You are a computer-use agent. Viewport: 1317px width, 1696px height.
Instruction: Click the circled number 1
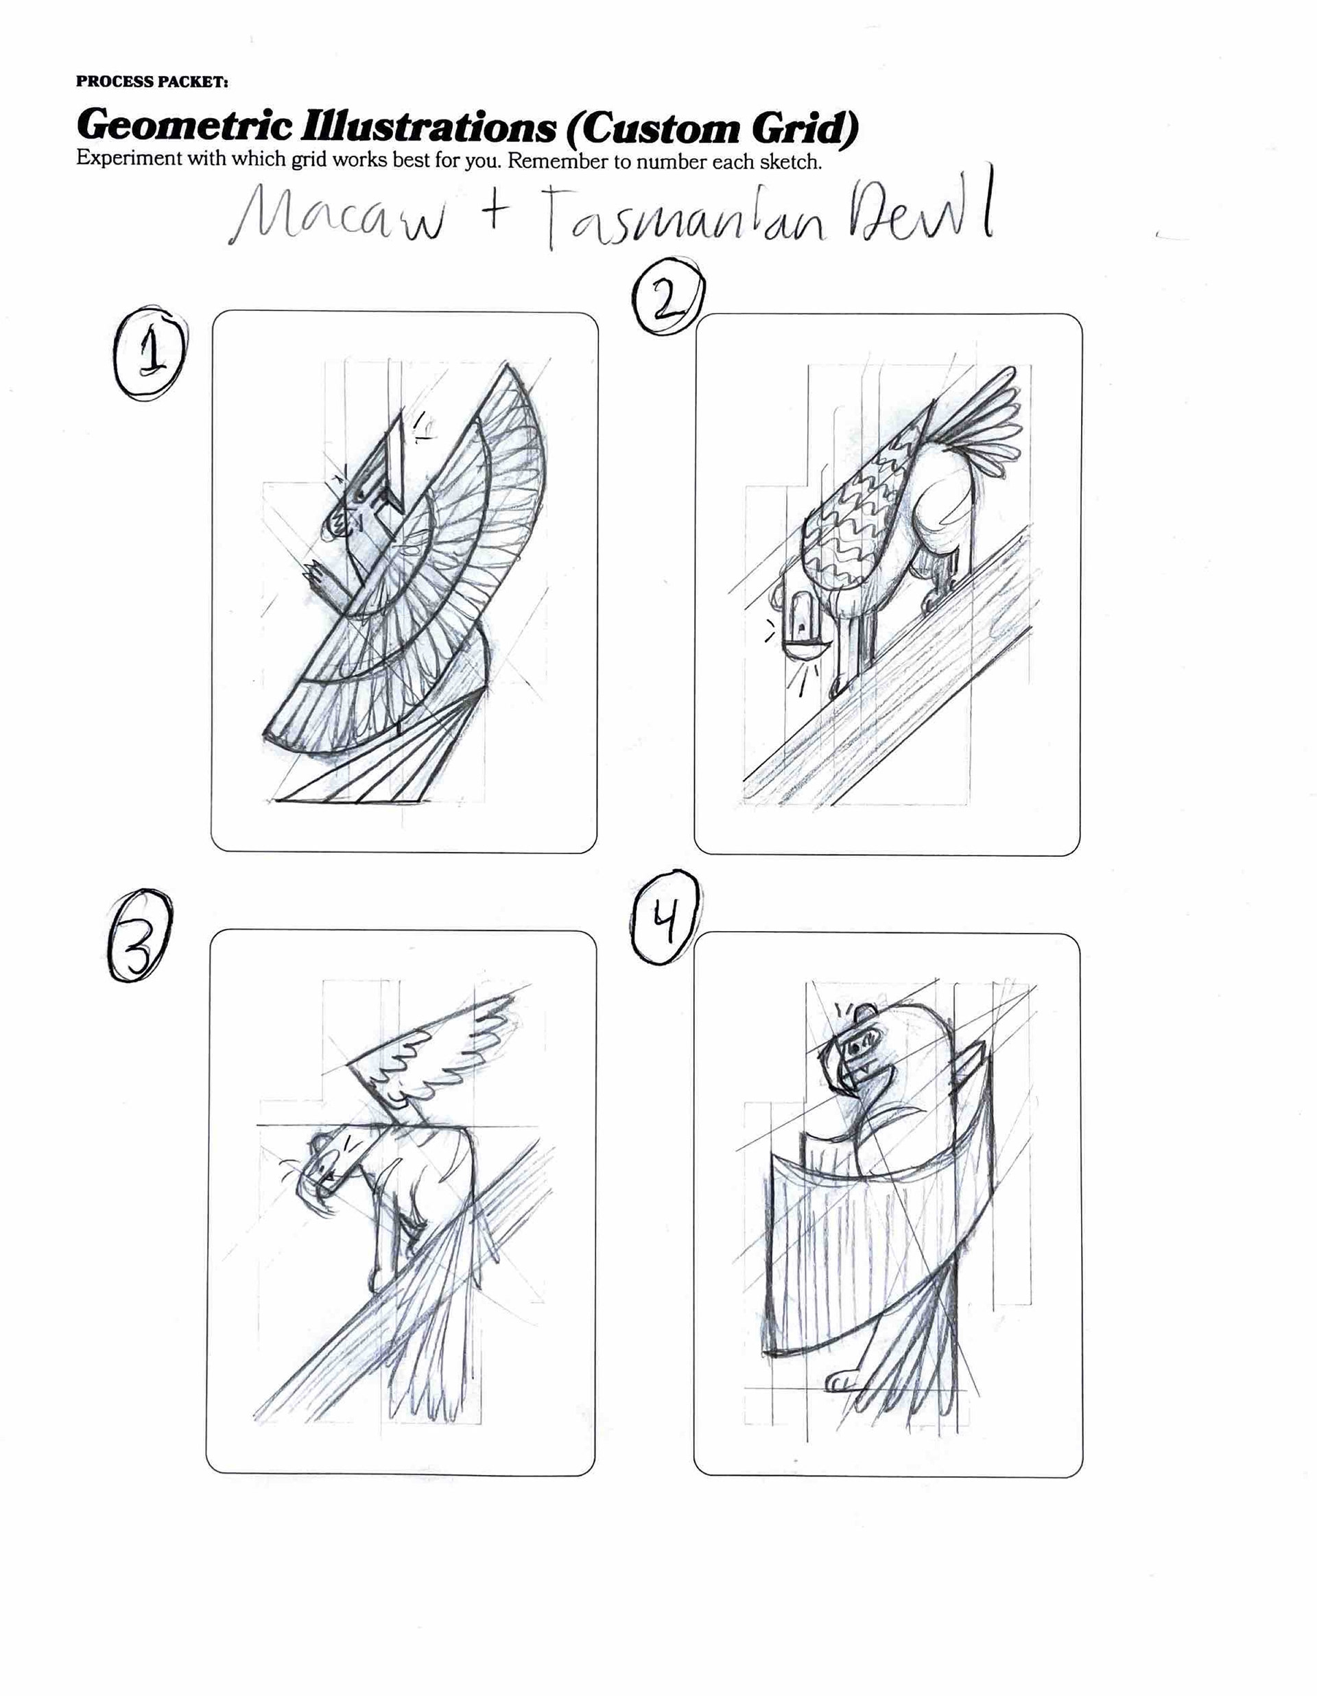click(x=150, y=357)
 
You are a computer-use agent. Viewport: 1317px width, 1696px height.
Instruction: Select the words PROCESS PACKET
click(x=152, y=82)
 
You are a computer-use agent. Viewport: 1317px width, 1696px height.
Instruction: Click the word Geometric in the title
click(x=185, y=125)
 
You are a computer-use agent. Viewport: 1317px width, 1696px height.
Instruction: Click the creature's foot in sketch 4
click(x=842, y=1379)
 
